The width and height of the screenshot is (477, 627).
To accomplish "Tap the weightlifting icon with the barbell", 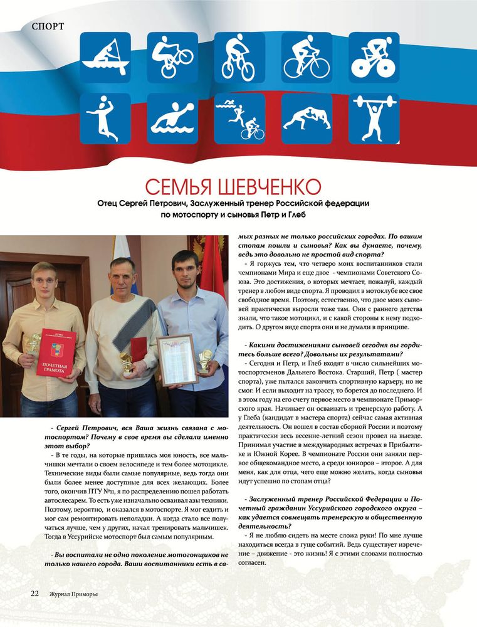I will [374, 119].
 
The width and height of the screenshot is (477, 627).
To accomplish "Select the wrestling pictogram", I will [307, 119].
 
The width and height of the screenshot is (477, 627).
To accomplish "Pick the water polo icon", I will [172, 119].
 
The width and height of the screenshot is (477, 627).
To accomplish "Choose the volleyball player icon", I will [105, 119].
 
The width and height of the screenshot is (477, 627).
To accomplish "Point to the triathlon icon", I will [239, 119].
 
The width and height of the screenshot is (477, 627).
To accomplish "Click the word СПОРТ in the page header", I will [47, 26].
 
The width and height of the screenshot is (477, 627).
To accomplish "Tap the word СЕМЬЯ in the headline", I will [180, 187].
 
